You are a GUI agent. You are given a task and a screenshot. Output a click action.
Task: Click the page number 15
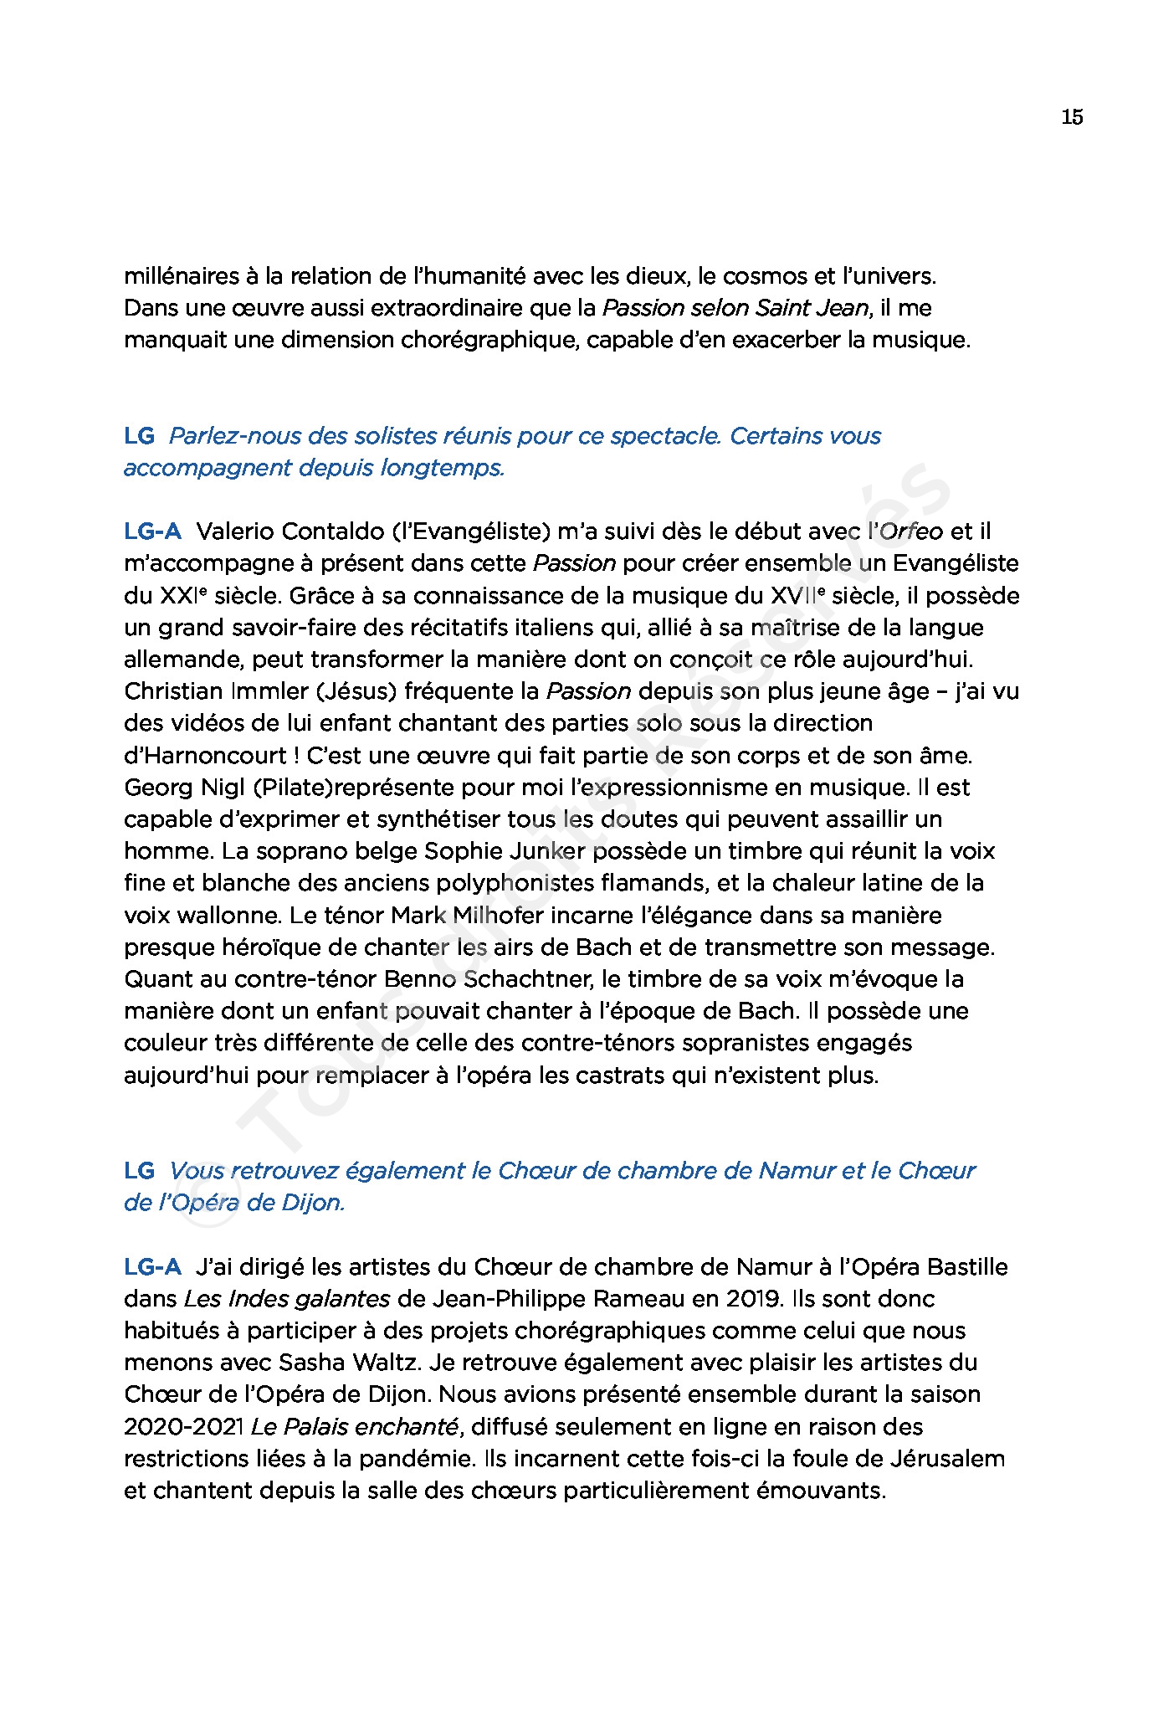click(1072, 117)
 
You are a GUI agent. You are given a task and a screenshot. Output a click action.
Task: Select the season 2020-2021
click(184, 1427)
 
